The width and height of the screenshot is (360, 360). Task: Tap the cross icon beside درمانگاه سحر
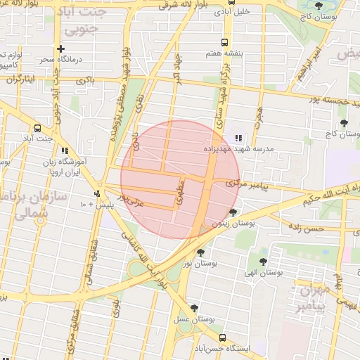(62, 49)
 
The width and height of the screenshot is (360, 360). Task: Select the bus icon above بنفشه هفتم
(224, 41)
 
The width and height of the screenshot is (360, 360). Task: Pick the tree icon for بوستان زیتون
(233, 212)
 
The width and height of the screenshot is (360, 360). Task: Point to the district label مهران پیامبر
(311, 297)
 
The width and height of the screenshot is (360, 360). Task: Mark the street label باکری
(84, 80)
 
